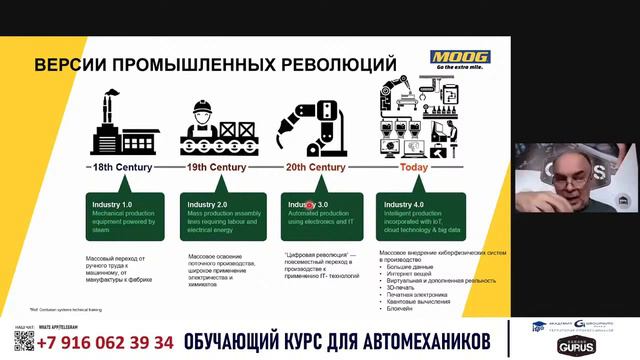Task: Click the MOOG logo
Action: [x=459, y=60]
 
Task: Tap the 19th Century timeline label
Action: [x=217, y=166]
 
